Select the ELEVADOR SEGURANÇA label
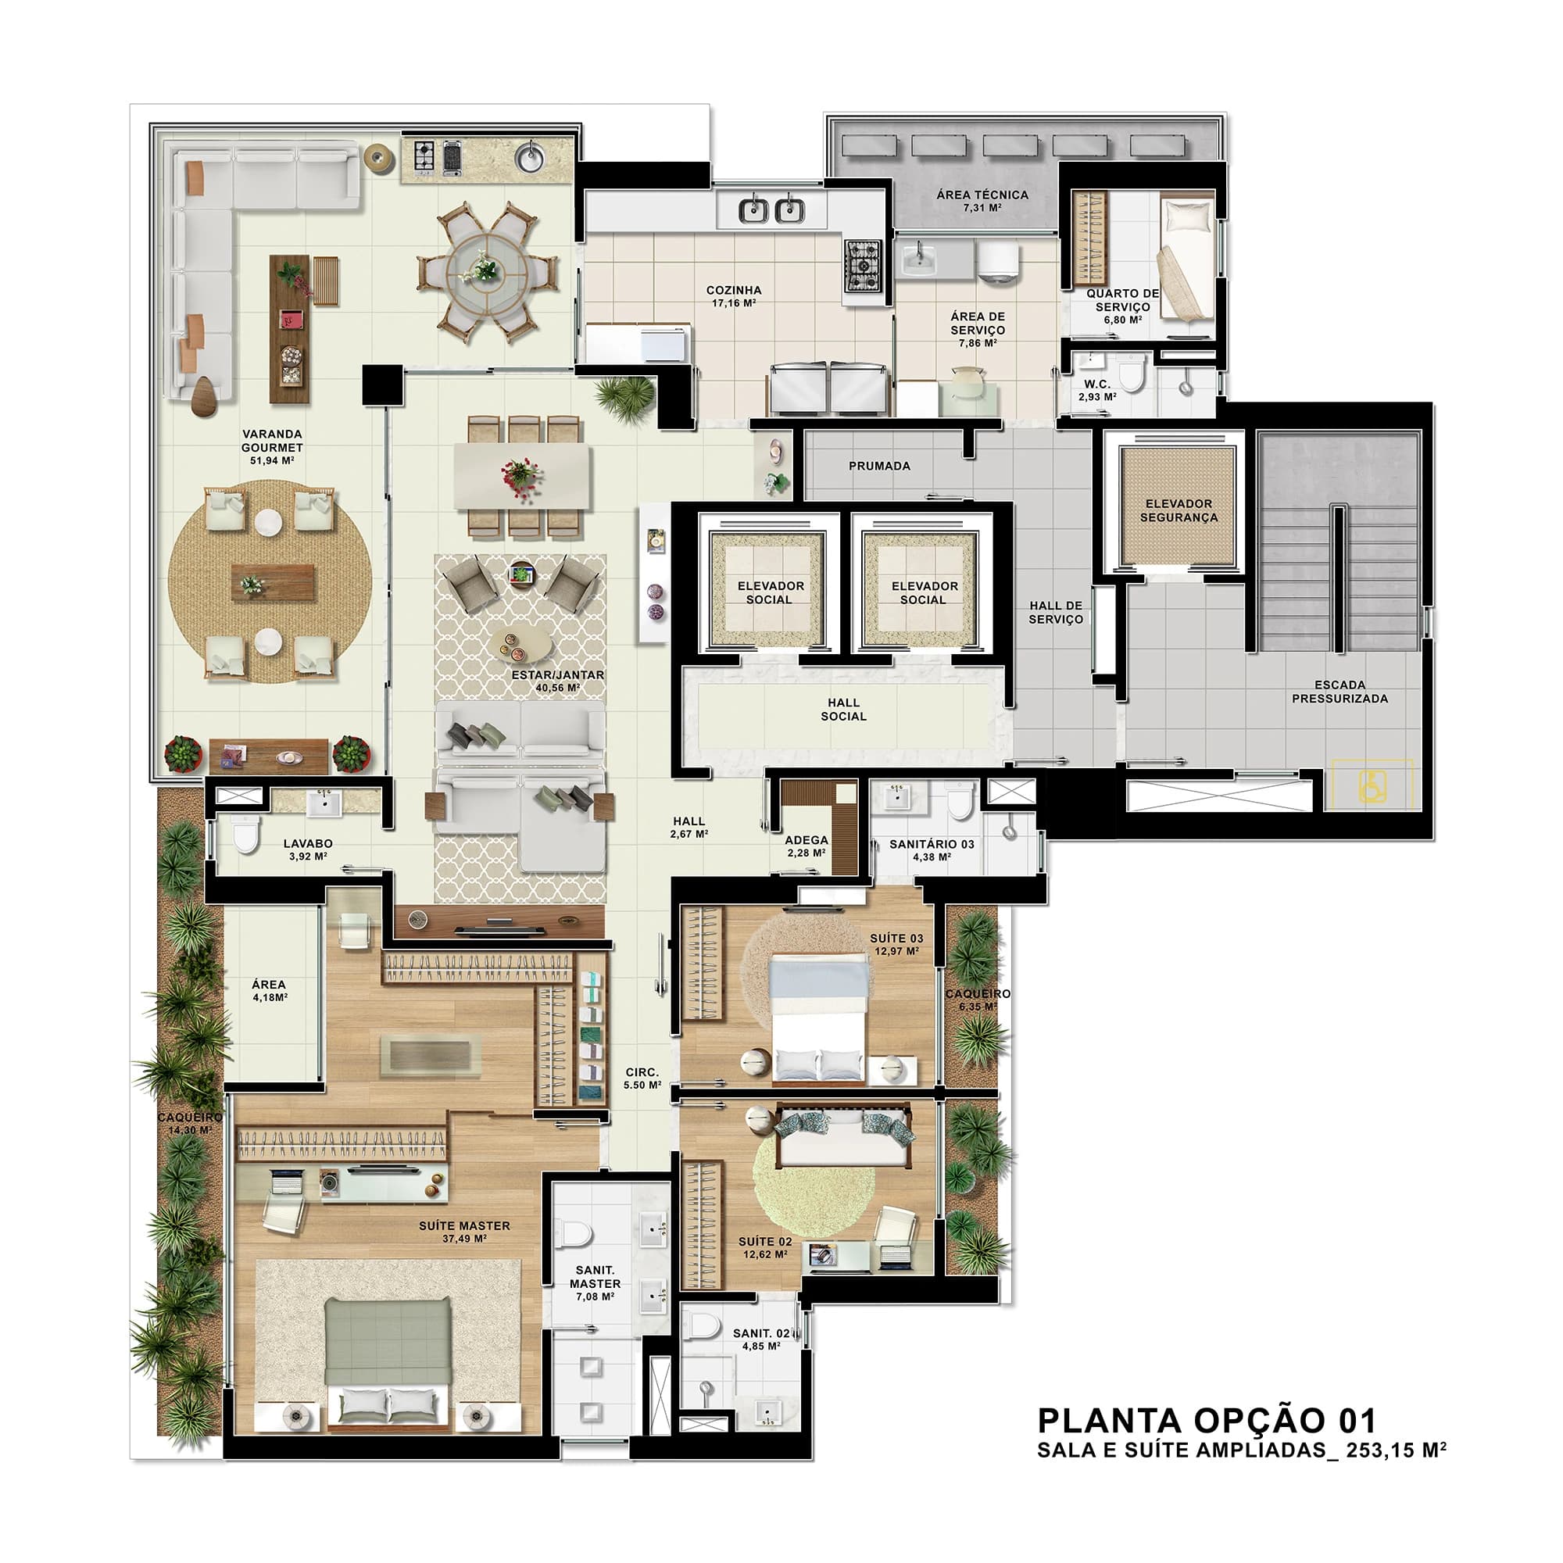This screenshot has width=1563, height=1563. [x=1179, y=510]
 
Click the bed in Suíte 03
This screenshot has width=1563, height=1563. [x=821, y=1018]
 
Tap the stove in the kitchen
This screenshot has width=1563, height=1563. [x=863, y=266]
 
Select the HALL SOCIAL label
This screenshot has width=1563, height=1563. [x=843, y=709]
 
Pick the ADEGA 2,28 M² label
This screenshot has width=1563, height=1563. [x=806, y=846]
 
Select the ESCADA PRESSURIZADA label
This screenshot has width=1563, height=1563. [x=1339, y=691]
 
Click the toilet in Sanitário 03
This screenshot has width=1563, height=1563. [x=959, y=800]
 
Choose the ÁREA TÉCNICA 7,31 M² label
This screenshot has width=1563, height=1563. [x=982, y=201]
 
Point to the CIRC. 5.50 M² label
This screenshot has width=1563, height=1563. [x=642, y=1078]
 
